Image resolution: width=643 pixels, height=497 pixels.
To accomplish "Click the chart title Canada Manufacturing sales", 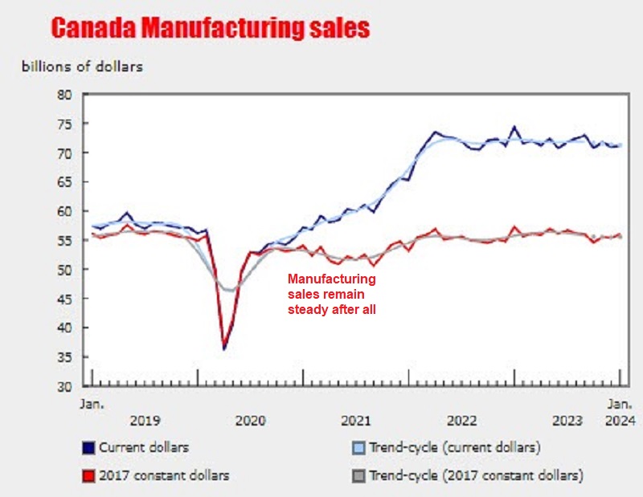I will pos(210,29).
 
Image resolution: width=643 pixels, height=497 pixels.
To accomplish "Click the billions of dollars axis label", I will pos(82,67).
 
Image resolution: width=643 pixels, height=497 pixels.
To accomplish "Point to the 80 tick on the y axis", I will pos(64,95).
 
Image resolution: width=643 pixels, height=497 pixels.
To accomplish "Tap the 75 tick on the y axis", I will pos(64,124).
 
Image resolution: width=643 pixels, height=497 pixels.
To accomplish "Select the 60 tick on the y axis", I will pos(64,211).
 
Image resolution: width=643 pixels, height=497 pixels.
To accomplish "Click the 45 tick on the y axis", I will pos(64,299).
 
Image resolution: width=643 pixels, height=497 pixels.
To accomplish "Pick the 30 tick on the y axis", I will pos(64,386).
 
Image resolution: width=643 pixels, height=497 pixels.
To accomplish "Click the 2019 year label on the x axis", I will pos(145,420).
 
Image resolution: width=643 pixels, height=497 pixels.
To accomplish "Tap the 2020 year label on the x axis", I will pos(250,420).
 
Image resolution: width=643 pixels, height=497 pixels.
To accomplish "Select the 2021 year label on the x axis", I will pos(355,420).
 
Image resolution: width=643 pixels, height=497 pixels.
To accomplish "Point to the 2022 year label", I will pos(461,420).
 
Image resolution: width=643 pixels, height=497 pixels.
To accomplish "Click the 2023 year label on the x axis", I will pos(567,420).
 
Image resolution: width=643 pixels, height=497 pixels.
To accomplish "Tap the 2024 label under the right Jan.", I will pos(619,420).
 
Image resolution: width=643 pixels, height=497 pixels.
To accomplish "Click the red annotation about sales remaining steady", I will pos(332,294).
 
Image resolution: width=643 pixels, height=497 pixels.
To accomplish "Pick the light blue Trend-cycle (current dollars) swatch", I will pos(358,447).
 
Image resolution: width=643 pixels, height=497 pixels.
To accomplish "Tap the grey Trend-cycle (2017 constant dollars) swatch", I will pos(358,475).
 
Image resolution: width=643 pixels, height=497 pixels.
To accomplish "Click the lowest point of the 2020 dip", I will pos(224,348).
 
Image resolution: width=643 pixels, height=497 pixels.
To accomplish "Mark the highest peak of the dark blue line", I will pos(514,127).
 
